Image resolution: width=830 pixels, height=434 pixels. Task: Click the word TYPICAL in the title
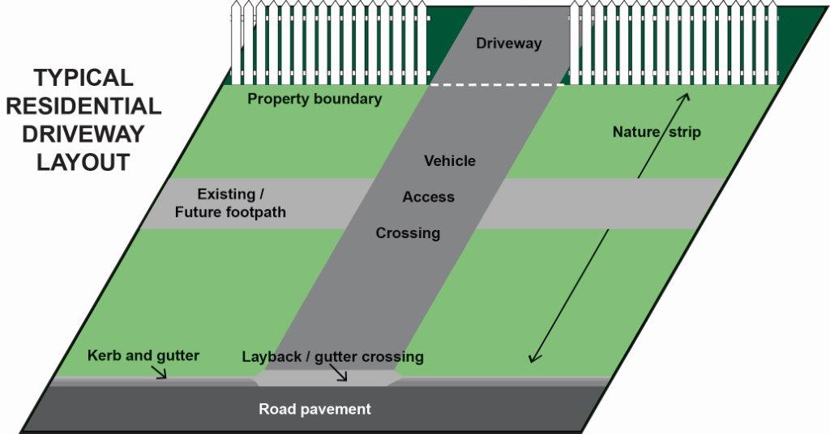click(83, 78)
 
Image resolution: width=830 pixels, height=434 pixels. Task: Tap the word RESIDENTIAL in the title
click(83, 106)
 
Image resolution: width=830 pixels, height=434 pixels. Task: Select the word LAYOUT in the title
click(83, 162)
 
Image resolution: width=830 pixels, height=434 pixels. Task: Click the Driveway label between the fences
click(509, 44)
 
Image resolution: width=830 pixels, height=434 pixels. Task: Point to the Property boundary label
click(314, 99)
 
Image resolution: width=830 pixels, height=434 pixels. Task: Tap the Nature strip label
click(657, 132)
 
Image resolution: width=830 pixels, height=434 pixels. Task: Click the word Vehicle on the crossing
click(450, 160)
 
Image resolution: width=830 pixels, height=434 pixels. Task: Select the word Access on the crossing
click(428, 198)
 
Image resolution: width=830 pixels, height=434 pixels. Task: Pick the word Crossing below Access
click(409, 233)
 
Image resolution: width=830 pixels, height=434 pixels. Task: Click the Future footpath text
click(230, 212)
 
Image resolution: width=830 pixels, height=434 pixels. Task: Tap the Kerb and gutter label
click(143, 355)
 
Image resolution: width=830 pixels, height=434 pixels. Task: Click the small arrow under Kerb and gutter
click(159, 372)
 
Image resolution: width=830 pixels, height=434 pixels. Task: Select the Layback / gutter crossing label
click(333, 357)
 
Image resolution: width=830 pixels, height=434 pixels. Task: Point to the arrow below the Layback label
click(340, 374)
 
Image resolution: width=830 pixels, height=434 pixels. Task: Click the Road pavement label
click(314, 409)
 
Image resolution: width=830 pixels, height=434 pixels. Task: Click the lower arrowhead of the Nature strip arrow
click(533, 359)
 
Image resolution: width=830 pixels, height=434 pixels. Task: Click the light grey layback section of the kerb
click(327, 378)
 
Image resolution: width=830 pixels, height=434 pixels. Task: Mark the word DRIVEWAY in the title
click(83, 134)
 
